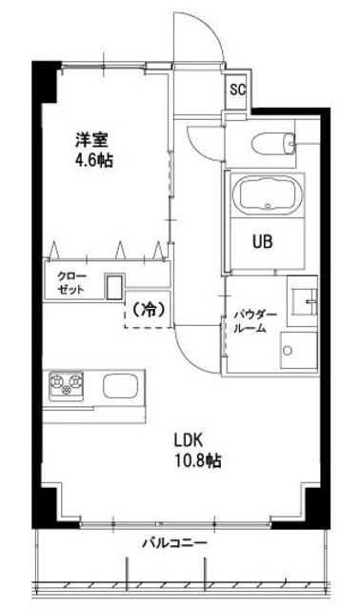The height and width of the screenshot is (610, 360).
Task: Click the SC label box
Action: click(236, 91)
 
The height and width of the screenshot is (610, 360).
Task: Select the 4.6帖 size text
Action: click(93, 161)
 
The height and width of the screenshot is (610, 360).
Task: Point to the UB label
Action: click(262, 241)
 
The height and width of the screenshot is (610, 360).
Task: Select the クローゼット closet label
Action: click(68, 282)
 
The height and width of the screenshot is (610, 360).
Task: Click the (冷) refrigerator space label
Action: click(146, 309)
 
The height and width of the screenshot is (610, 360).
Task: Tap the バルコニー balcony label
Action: click(175, 543)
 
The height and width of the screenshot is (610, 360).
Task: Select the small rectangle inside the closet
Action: click(113, 287)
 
